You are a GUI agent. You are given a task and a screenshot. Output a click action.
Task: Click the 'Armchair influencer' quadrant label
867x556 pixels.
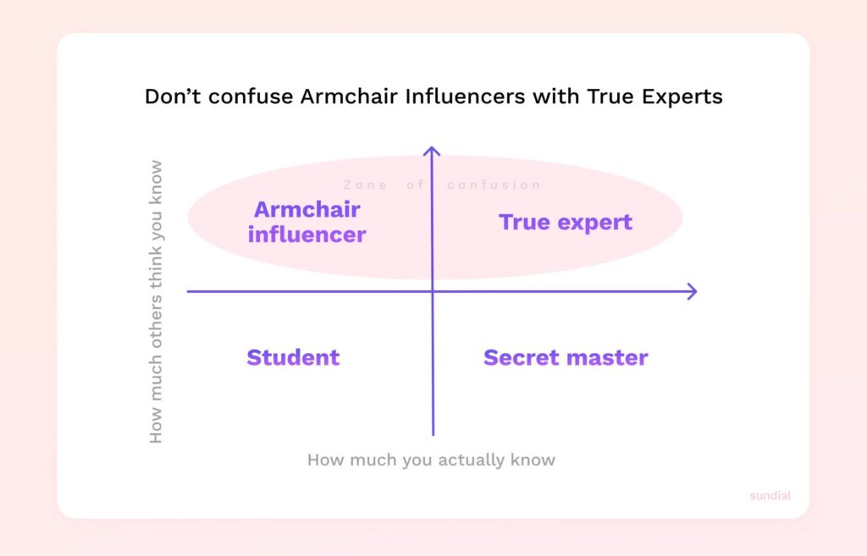(306, 223)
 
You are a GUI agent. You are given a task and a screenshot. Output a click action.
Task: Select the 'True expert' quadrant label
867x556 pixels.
(565, 223)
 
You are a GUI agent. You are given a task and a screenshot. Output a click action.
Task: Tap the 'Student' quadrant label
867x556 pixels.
(293, 358)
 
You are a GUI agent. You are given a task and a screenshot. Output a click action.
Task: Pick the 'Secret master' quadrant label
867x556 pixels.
(566, 358)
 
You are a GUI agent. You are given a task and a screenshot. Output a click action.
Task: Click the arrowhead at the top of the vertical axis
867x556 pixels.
(432, 148)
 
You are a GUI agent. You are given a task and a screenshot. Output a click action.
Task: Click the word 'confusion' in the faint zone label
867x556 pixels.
(494, 184)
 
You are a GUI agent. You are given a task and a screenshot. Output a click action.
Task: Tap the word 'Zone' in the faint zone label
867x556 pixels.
(365, 184)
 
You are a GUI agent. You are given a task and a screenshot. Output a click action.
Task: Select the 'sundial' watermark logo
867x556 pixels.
(770, 495)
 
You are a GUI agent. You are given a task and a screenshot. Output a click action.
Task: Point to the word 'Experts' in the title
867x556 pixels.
(682, 97)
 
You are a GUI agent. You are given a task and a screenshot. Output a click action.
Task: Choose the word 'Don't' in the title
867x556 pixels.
(173, 96)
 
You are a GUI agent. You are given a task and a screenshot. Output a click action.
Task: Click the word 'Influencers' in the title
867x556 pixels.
(465, 96)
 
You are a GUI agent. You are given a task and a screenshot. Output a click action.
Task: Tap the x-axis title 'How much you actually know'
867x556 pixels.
(431, 460)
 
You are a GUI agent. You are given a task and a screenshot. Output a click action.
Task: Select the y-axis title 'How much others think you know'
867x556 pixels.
(156, 302)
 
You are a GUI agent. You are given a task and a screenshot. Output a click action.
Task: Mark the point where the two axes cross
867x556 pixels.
(433, 291)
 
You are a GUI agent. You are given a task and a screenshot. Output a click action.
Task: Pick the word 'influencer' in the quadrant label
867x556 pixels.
(306, 234)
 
